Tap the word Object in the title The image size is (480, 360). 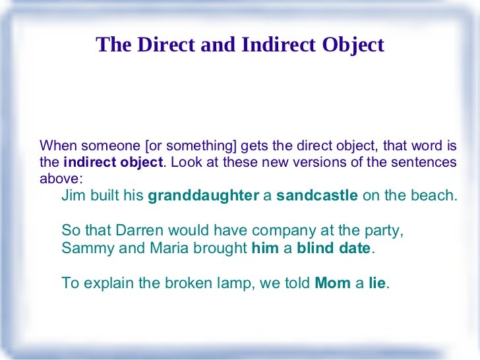351,45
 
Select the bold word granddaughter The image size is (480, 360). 204,196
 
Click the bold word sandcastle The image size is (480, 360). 317,196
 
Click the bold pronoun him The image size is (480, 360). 265,249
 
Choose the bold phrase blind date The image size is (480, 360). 334,249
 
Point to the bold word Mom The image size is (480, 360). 333,284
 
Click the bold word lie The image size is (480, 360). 377,284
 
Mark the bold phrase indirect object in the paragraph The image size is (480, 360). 113,162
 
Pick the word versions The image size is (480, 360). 313,162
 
